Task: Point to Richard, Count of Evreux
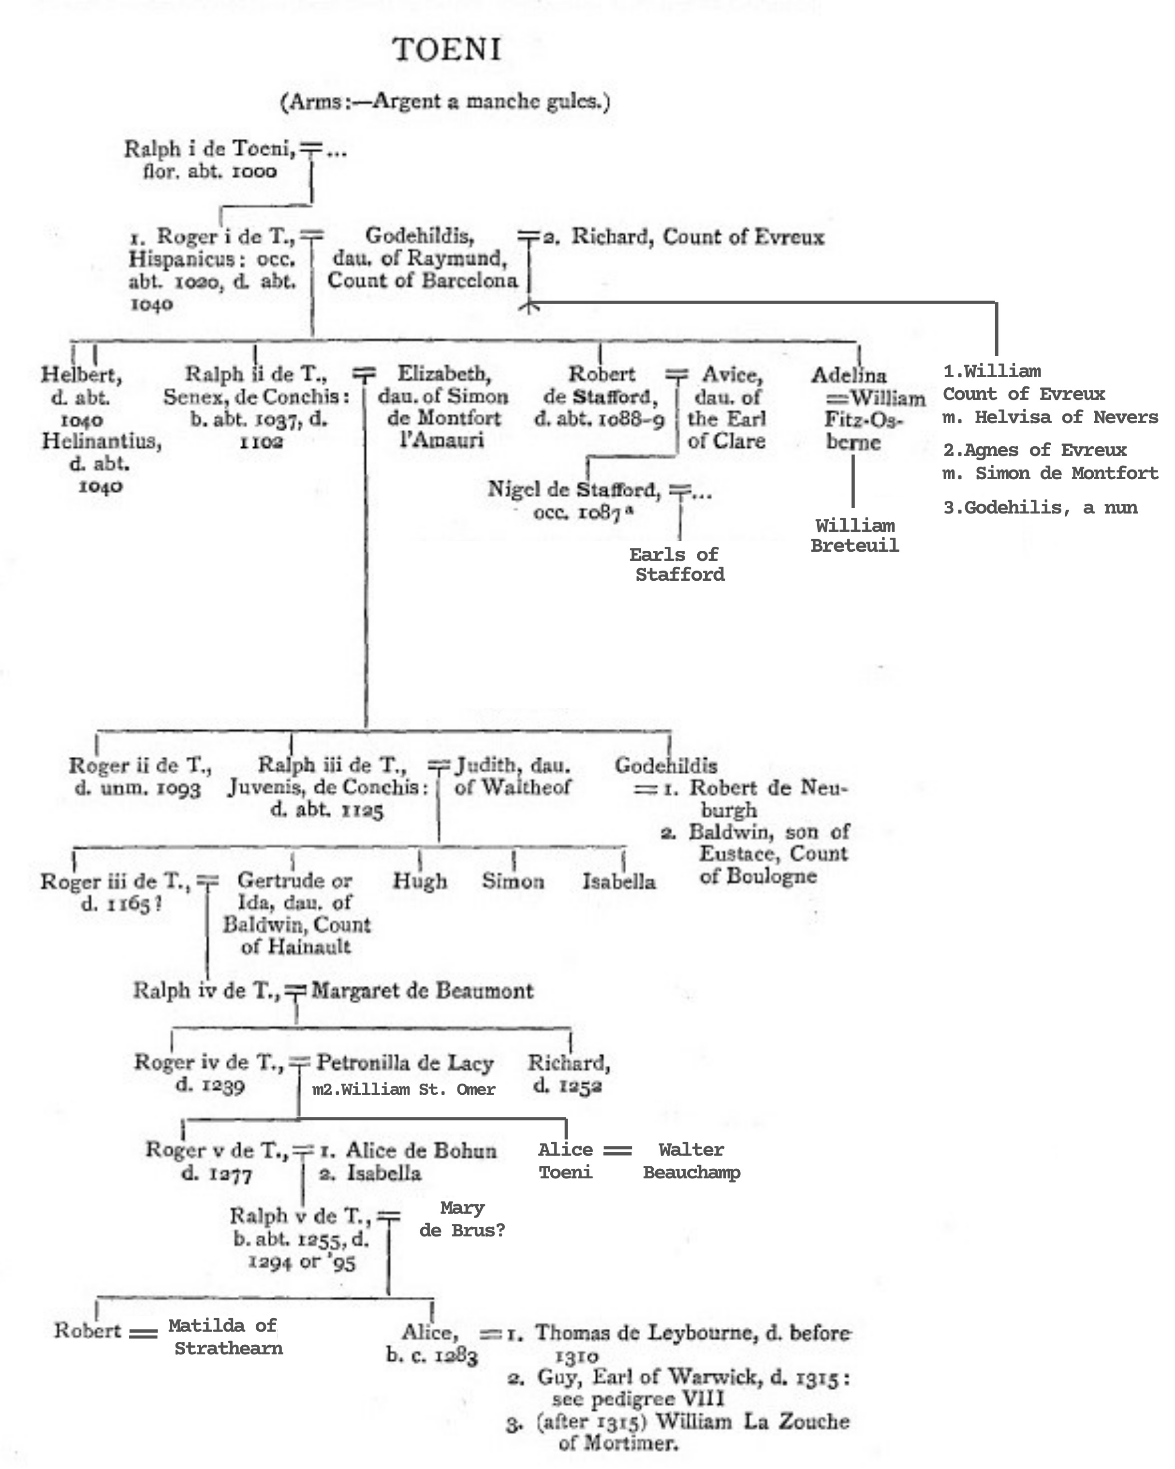click(x=698, y=237)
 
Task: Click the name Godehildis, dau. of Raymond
click(x=420, y=236)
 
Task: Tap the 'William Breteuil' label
click(x=854, y=536)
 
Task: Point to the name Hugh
click(x=420, y=881)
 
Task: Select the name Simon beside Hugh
click(x=513, y=881)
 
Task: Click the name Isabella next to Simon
click(x=618, y=881)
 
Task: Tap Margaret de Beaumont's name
click(x=422, y=991)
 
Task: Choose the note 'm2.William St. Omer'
click(x=403, y=1089)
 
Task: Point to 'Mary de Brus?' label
click(x=462, y=1219)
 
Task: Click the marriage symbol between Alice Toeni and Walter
click(x=617, y=1150)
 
